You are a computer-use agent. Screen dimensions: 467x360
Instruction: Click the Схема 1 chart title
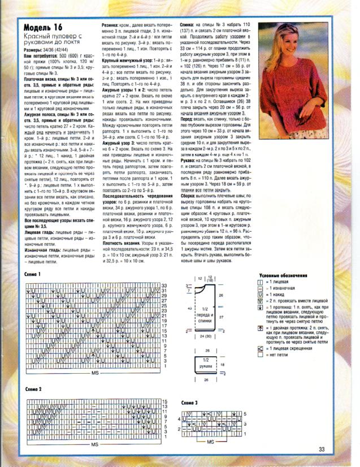click(33, 274)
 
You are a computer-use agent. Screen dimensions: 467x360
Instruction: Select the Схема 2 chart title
click(33, 390)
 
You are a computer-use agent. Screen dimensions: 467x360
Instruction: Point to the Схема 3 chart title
click(190, 402)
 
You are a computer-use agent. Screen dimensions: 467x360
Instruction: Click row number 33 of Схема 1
click(164, 286)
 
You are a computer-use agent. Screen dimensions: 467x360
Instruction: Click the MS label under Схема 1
click(94, 374)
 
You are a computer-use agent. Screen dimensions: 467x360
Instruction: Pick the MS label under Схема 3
click(210, 440)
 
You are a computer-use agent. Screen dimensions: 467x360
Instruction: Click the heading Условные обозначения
click(283, 275)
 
